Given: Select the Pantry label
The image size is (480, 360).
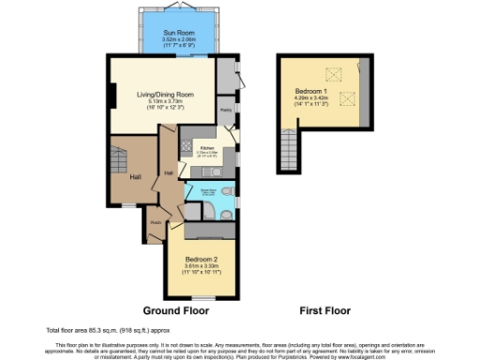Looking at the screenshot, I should pyautogui.click(x=226, y=110).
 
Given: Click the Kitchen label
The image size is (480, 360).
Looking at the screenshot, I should pyautogui.click(x=207, y=147).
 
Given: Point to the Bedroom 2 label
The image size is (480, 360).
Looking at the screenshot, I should pyautogui.click(x=202, y=258).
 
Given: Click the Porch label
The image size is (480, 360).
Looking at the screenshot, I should pyautogui.click(x=156, y=222).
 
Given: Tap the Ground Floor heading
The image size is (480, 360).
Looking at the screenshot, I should pyautogui.click(x=175, y=309).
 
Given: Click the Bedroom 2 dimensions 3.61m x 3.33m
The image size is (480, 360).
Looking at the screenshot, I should pyautogui.click(x=202, y=266).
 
